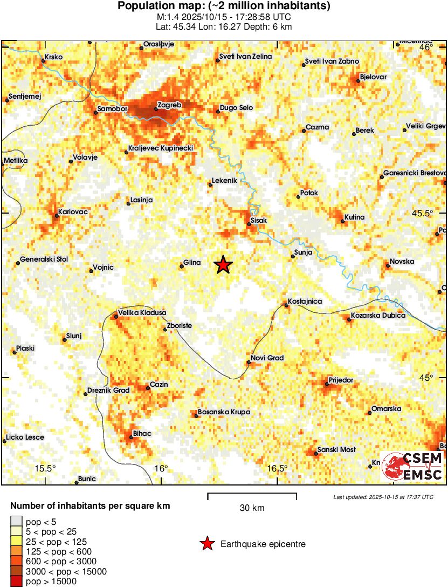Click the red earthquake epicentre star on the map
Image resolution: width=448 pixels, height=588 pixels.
(x=223, y=265)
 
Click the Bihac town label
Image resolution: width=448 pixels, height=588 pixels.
(x=142, y=434)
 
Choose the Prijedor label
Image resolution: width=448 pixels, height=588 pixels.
(x=341, y=380)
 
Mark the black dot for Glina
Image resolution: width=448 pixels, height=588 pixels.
(x=182, y=266)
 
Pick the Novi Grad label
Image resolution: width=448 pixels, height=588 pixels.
(x=267, y=358)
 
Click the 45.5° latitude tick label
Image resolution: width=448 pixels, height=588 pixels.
(x=423, y=213)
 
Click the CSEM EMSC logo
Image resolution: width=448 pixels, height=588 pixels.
(x=412, y=467)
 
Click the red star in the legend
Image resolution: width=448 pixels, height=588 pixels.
(x=206, y=544)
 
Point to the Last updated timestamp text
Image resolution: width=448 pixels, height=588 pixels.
(x=383, y=497)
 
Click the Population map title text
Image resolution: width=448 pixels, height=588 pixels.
(x=224, y=6)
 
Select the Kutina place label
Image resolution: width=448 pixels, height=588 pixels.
(x=355, y=217)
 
